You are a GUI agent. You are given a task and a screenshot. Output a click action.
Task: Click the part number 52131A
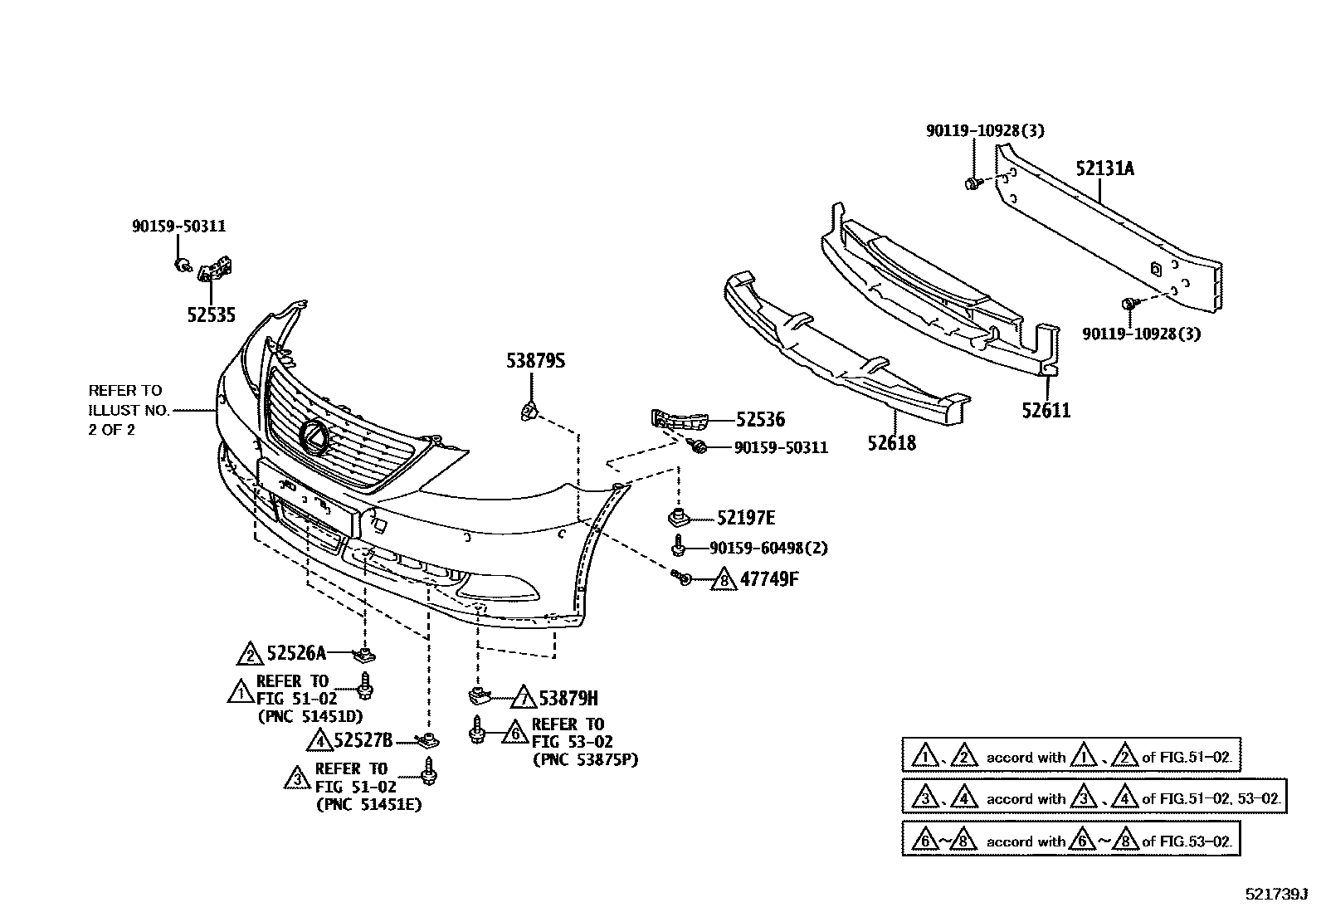(x=1104, y=168)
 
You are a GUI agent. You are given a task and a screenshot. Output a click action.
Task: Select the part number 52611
(x=1046, y=410)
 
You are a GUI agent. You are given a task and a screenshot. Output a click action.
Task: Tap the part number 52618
(x=892, y=442)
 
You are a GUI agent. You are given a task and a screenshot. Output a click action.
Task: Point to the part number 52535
(x=211, y=315)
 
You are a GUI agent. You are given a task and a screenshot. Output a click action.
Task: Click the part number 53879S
(x=535, y=361)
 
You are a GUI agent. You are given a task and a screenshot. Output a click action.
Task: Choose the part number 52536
(x=759, y=420)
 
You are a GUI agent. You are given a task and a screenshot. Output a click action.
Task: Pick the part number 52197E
(x=745, y=519)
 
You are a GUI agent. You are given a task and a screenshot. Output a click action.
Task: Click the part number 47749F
(x=768, y=578)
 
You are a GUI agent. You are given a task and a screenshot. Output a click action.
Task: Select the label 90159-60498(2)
(x=768, y=548)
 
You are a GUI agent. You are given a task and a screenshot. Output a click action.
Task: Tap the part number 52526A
(x=296, y=654)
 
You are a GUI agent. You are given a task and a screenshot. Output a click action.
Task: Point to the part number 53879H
(x=568, y=697)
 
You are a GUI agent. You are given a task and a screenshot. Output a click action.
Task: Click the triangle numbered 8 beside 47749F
(x=724, y=580)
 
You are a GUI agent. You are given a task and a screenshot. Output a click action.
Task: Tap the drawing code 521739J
(x=1275, y=895)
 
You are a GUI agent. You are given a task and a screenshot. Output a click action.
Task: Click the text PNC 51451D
(x=310, y=716)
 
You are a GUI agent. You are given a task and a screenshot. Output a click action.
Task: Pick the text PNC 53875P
(x=585, y=759)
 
